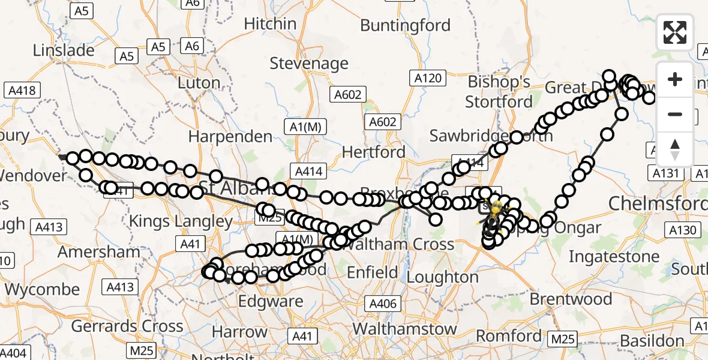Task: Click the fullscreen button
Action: click(675, 32)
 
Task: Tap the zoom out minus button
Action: click(675, 114)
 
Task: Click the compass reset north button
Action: click(675, 149)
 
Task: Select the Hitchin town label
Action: click(270, 24)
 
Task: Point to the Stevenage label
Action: click(309, 63)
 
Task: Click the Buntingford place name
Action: click(405, 25)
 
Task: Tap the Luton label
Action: click(200, 83)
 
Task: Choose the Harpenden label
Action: click(230, 136)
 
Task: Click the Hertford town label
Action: click(374, 152)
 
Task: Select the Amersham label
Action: click(91, 251)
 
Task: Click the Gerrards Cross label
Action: click(127, 326)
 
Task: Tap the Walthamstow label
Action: click(404, 329)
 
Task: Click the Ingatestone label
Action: click(614, 257)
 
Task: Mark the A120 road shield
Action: click(428, 78)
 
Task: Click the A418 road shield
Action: click(22, 91)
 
